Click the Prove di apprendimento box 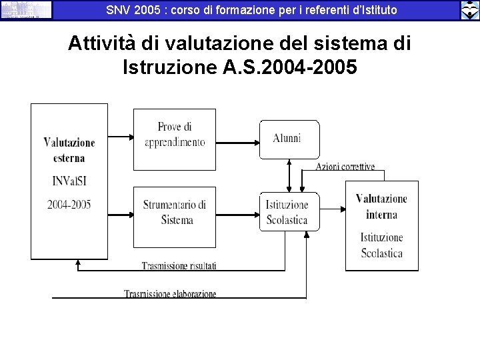coord(175,139)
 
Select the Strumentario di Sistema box coord(175,217)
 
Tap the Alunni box coord(289,139)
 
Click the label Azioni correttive coord(345,167)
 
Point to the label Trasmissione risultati coord(179,266)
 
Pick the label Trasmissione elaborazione coord(170,294)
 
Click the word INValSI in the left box coord(69,181)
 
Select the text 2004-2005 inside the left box coord(69,204)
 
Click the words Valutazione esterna coord(69,150)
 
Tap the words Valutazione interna coord(381,207)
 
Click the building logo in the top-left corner coord(26,9)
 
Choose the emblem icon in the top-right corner coord(469,10)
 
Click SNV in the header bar coord(119,10)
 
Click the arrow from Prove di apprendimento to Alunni coord(237,141)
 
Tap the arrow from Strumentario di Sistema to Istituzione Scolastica coord(237,215)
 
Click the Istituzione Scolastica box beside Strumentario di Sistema coord(289,212)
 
